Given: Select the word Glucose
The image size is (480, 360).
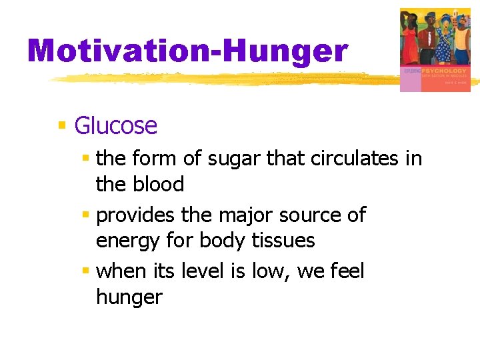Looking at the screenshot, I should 115,125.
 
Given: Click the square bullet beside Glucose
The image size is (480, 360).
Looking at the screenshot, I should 62,125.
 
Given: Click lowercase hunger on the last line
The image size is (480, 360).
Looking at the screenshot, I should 129,297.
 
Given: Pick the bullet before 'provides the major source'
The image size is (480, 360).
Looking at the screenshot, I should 85,215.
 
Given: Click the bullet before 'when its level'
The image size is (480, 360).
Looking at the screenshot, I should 85,271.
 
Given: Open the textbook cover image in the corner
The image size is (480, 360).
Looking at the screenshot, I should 435,50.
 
